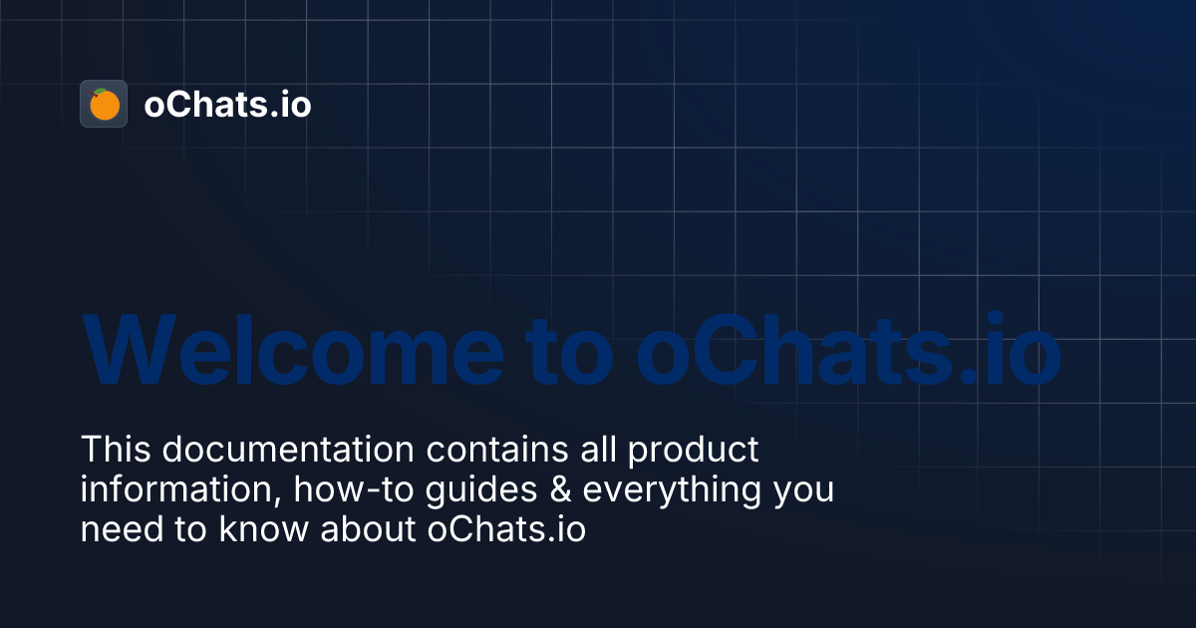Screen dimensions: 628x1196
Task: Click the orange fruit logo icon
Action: pyautogui.click(x=104, y=104)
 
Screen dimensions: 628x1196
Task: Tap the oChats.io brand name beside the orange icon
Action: pyautogui.click(x=227, y=105)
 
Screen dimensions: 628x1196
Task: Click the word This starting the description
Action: pyautogui.click(x=117, y=450)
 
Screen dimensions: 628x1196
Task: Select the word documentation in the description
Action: pyautogui.click(x=288, y=450)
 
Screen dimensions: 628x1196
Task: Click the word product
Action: pyautogui.click(x=694, y=450)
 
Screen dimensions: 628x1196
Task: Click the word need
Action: pyautogui.click(x=119, y=530)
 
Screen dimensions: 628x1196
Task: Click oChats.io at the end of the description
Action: pyautogui.click(x=506, y=530)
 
